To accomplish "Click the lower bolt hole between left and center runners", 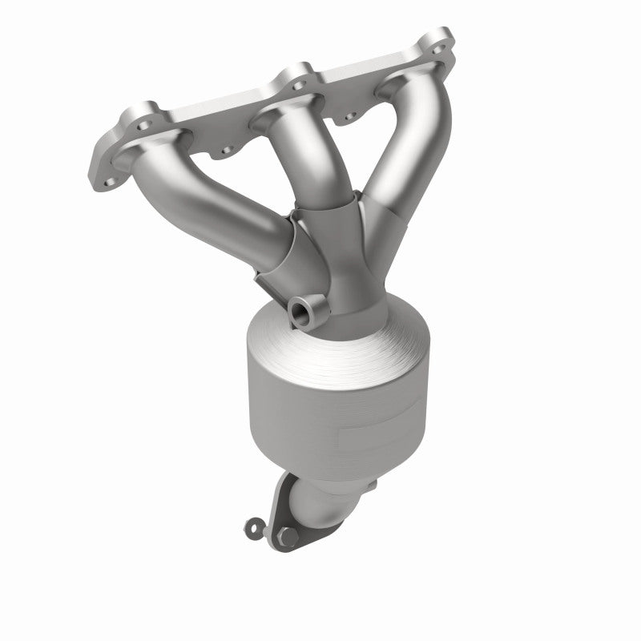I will tap(226, 149).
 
